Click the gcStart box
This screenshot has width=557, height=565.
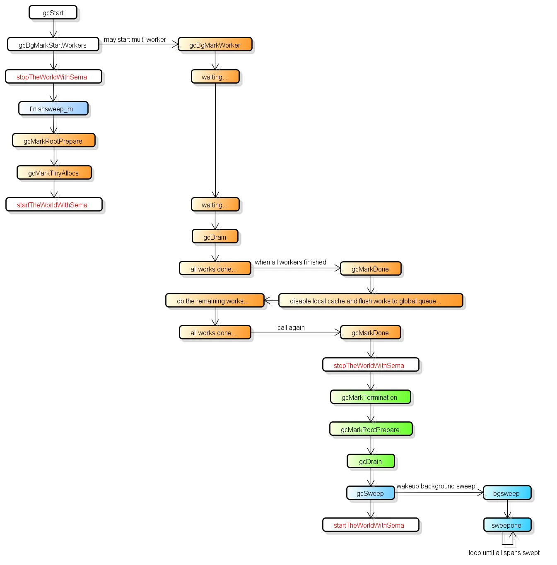pyautogui.click(x=53, y=12)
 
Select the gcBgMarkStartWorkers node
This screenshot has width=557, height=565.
pyautogui.click(x=53, y=45)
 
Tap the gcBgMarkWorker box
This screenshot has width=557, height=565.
pyautogui.click(x=215, y=45)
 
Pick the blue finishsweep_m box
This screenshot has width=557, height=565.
pyautogui.click(x=53, y=109)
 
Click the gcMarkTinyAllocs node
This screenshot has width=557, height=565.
pyautogui.click(x=54, y=173)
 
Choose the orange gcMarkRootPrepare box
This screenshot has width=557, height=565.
pyautogui.click(x=54, y=141)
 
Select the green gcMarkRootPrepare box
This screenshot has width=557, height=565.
pyautogui.click(x=371, y=429)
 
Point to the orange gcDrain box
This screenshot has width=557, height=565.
pyautogui.click(x=215, y=237)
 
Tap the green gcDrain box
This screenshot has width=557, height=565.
pyautogui.click(x=371, y=461)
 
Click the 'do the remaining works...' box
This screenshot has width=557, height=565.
pyautogui.click(x=215, y=301)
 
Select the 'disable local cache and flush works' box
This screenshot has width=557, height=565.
pyautogui.click(x=371, y=301)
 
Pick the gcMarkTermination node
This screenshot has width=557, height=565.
pyautogui.click(x=371, y=397)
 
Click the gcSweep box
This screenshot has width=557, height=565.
pyautogui.click(x=371, y=493)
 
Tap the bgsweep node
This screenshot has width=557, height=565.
pyautogui.click(x=507, y=493)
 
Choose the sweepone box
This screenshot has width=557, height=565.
pyautogui.click(x=508, y=525)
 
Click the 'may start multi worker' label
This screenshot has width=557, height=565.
pyautogui.click(x=135, y=40)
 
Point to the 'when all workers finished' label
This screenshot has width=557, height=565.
pyautogui.click(x=291, y=262)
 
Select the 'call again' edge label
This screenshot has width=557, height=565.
pyautogui.click(x=291, y=327)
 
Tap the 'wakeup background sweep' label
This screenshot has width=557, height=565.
pyautogui.click(x=436, y=486)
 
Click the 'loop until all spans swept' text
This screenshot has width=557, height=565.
pyautogui.click(x=504, y=553)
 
